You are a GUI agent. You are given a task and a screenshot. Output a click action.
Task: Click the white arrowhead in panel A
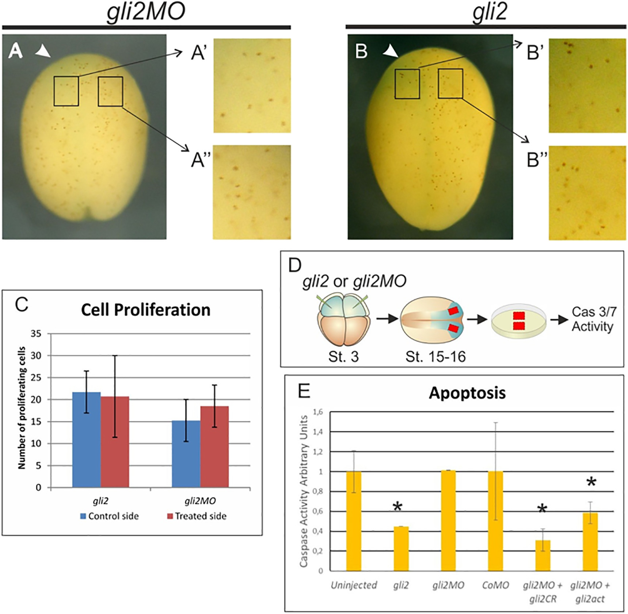click(x=43, y=52)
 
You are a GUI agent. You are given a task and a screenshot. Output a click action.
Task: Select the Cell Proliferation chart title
click(x=145, y=310)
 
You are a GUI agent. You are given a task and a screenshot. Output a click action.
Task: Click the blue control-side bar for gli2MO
click(x=186, y=454)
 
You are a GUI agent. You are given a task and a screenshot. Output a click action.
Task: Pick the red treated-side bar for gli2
click(x=115, y=442)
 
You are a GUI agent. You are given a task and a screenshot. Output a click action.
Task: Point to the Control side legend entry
click(x=109, y=516)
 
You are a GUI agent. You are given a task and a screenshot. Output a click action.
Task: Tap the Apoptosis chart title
click(x=467, y=393)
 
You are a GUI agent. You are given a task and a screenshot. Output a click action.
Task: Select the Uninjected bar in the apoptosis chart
click(x=354, y=521)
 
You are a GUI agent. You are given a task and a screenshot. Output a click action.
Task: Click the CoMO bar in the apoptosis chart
click(x=495, y=521)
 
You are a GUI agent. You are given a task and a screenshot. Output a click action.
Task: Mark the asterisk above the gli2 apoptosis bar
click(x=397, y=506)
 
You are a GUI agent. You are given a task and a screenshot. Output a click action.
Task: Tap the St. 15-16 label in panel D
click(x=435, y=357)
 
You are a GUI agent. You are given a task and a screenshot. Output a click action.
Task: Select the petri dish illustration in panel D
click(x=519, y=320)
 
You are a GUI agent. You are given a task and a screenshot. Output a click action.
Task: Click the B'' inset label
click(x=537, y=160)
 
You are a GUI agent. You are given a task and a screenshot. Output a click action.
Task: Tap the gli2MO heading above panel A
click(x=146, y=12)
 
